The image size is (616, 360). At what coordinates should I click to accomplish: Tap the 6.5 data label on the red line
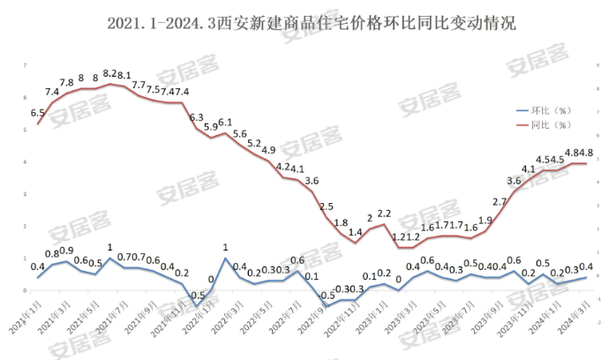pos(38,113)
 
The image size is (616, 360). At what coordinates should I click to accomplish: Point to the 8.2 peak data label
pos(109,74)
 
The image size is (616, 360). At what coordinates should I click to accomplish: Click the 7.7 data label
pos(139,85)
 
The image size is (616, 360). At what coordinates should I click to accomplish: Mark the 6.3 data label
pos(196,117)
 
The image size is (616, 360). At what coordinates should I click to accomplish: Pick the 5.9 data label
pos(211,127)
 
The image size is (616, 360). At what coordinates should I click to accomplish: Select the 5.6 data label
pos(239,133)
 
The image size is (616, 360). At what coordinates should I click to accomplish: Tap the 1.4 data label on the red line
pos(355,232)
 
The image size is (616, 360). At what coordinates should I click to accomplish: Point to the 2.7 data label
pos(499,202)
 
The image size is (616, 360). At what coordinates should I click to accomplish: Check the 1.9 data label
pos(485,221)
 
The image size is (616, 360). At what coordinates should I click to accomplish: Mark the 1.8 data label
pos(341,222)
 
